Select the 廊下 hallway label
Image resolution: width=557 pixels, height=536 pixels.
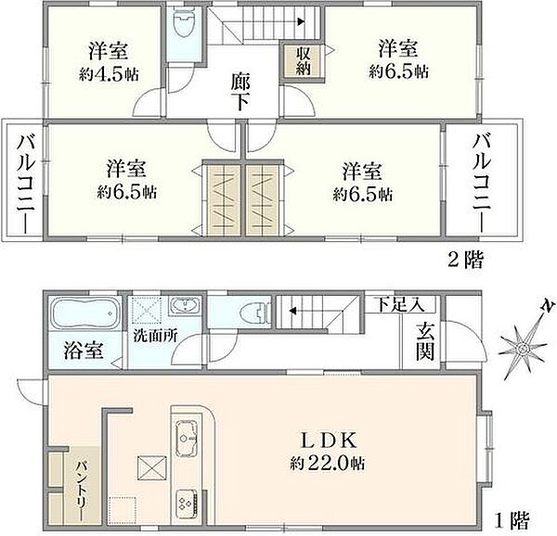[240, 91]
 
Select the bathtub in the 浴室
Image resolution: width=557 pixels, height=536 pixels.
[83, 314]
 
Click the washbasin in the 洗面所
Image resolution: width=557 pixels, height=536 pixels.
[186, 306]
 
